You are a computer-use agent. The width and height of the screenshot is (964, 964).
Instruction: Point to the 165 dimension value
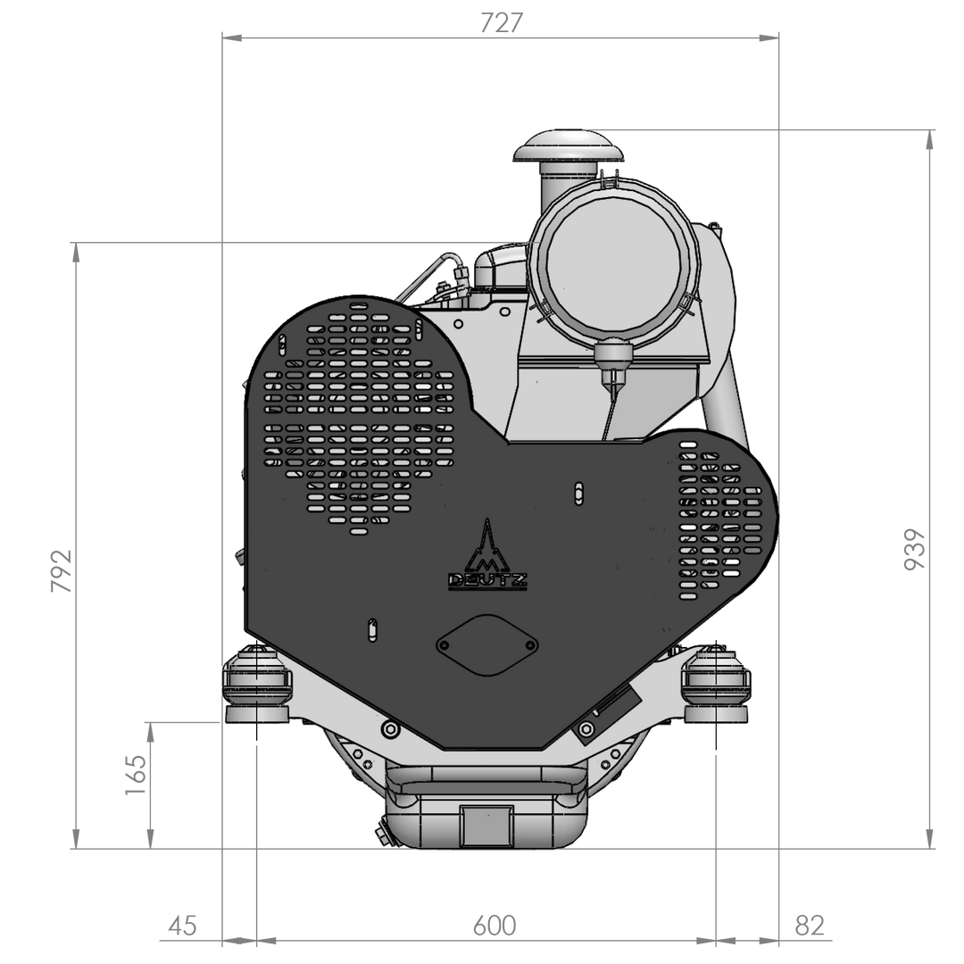coord(135,775)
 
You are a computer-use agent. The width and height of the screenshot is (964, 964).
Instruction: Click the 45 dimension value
coord(183,926)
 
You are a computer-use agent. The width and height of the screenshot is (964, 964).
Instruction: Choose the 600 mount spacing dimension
coord(494,926)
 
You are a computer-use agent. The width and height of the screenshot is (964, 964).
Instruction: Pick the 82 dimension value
coord(809,926)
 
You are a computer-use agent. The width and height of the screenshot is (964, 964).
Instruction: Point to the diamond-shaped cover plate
coord(487,644)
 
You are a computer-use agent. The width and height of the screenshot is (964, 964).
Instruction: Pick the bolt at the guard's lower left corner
coord(389,730)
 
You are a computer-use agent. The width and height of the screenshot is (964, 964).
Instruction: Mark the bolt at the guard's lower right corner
coord(586,731)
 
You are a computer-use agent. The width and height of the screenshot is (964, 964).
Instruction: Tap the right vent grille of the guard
coord(718,522)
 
